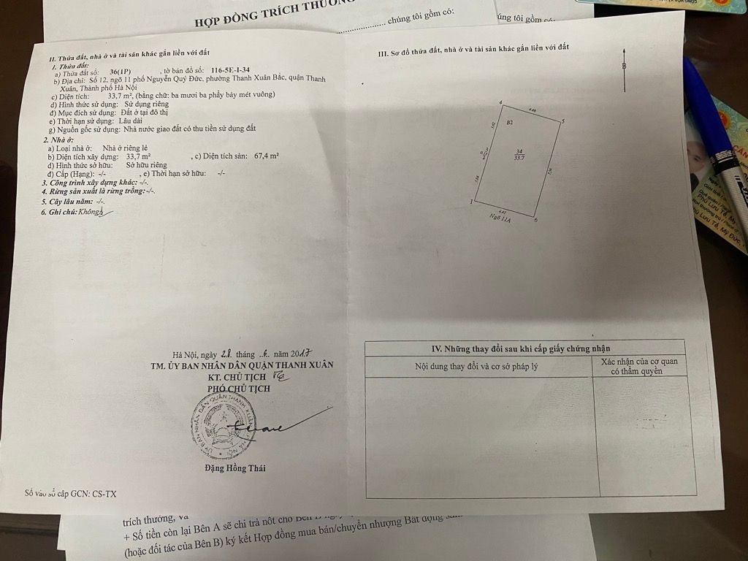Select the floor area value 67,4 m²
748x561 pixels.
(x=267, y=156)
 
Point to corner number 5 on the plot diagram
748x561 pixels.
(x=563, y=121)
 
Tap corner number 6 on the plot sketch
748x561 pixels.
(x=536, y=220)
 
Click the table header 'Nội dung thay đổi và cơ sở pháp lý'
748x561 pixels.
(x=476, y=365)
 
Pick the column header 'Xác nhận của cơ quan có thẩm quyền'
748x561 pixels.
(x=639, y=366)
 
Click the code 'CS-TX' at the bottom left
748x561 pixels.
(x=104, y=494)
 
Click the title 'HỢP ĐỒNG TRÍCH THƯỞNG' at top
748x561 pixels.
(x=265, y=22)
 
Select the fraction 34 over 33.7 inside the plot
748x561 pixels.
(x=519, y=153)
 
